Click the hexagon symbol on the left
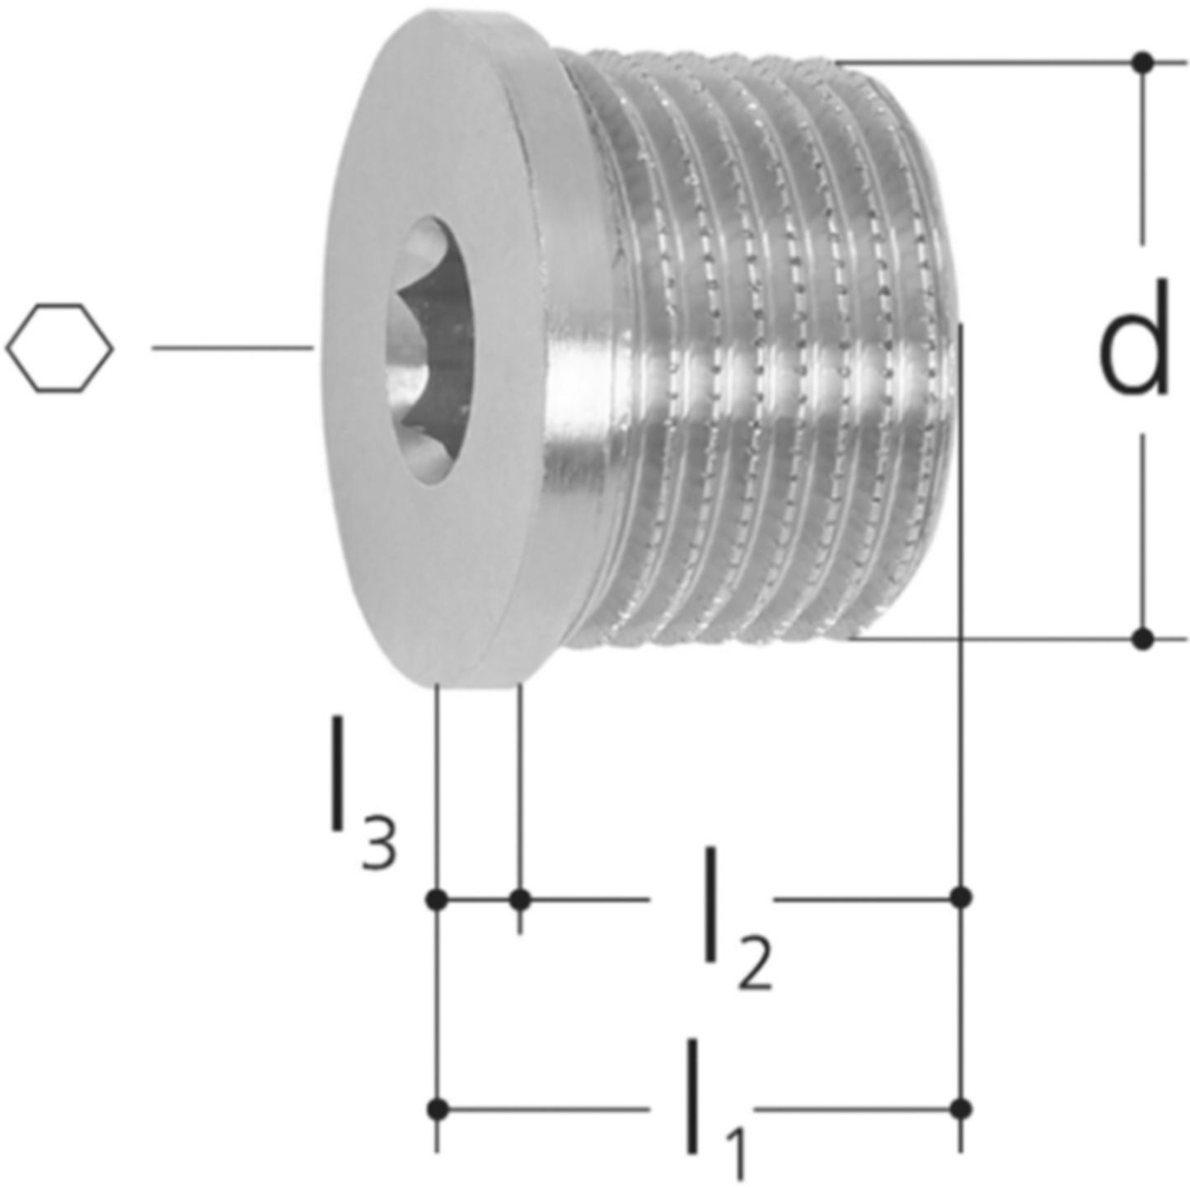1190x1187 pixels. (x=59, y=348)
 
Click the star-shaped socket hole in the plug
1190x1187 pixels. (x=429, y=350)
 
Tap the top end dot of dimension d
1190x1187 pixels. (x=1143, y=63)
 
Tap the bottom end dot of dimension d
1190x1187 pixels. (x=1143, y=638)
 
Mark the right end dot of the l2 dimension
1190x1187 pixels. (x=960, y=898)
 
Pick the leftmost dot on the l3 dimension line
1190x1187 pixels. (x=438, y=898)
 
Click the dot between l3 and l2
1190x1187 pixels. (x=521, y=898)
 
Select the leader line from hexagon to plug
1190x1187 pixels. (x=233, y=348)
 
